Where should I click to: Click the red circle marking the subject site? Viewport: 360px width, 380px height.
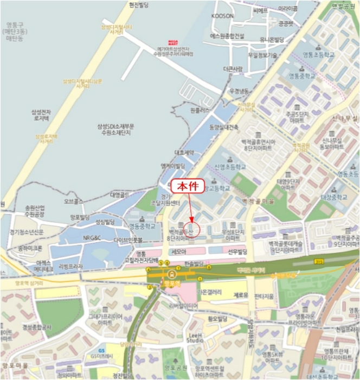[x=192, y=229]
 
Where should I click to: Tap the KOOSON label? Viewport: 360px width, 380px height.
[x=222, y=16]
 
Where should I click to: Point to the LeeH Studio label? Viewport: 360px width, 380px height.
[x=195, y=337]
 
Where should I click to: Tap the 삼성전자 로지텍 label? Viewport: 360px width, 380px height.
[x=40, y=115]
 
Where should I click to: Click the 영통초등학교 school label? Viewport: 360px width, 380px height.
[x=319, y=55]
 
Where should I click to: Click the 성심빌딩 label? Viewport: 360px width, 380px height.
[x=105, y=222]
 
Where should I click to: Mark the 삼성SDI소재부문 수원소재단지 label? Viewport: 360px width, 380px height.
[x=124, y=130]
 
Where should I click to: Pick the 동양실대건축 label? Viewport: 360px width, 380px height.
[x=223, y=126]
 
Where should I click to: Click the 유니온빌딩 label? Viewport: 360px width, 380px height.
[x=272, y=40]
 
